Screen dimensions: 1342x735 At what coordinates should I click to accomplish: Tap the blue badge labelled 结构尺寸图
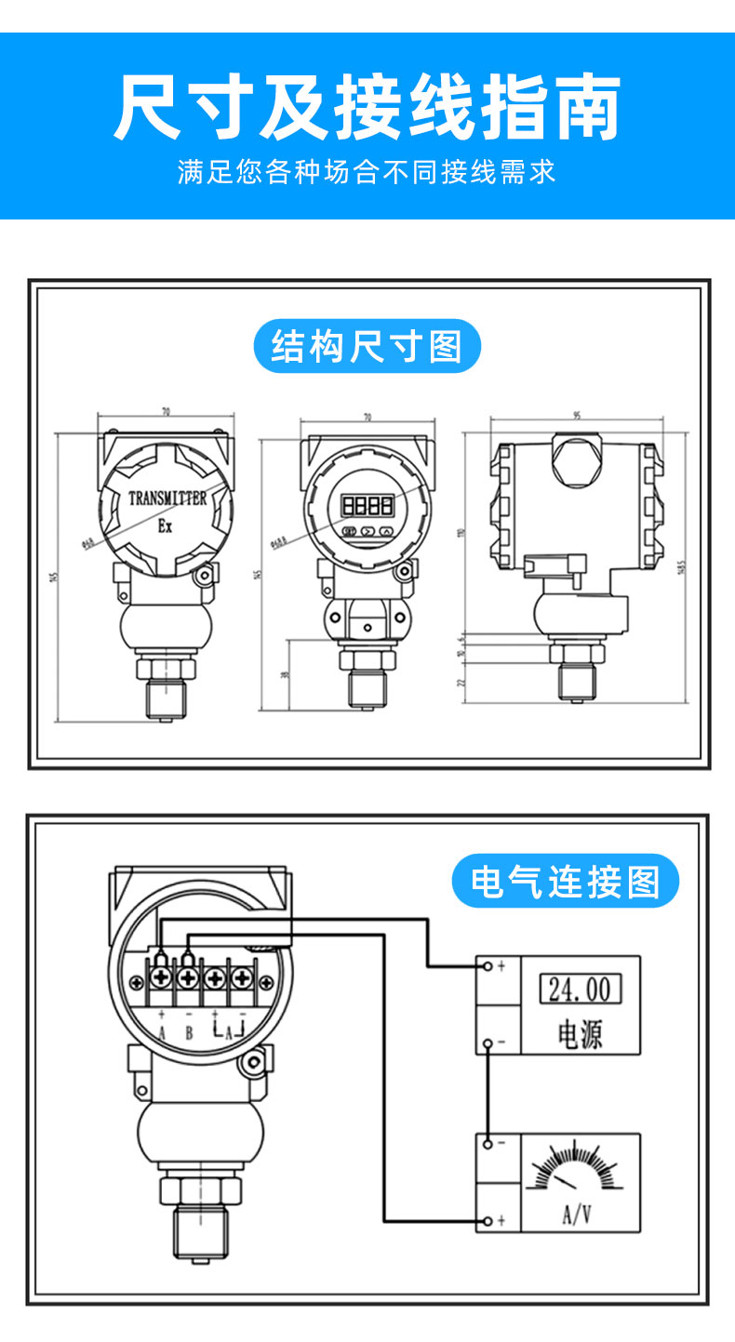(367, 346)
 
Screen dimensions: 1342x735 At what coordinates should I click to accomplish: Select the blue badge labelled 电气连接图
(566, 881)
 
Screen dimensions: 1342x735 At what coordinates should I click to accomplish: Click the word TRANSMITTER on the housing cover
(167, 498)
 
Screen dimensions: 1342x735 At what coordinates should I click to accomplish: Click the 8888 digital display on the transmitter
(367, 506)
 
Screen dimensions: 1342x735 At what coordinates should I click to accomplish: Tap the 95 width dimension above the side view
(577, 417)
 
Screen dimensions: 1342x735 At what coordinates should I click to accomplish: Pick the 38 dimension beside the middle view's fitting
(286, 676)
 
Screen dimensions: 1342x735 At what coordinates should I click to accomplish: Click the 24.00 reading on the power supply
(580, 989)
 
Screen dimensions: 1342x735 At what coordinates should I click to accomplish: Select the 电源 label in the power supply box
(580, 1033)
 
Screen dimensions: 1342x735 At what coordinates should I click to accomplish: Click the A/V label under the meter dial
(577, 1214)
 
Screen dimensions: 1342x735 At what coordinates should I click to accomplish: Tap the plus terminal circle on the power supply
(488, 966)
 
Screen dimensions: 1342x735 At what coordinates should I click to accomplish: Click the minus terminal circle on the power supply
(488, 1043)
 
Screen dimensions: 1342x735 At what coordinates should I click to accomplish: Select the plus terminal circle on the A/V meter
(488, 1220)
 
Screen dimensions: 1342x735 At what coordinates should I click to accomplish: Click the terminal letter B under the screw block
(189, 1033)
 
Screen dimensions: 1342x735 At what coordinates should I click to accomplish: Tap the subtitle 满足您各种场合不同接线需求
(367, 172)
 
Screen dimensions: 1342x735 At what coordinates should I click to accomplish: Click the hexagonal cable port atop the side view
(576, 458)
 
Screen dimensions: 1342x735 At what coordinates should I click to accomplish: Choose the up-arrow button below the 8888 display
(386, 533)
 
